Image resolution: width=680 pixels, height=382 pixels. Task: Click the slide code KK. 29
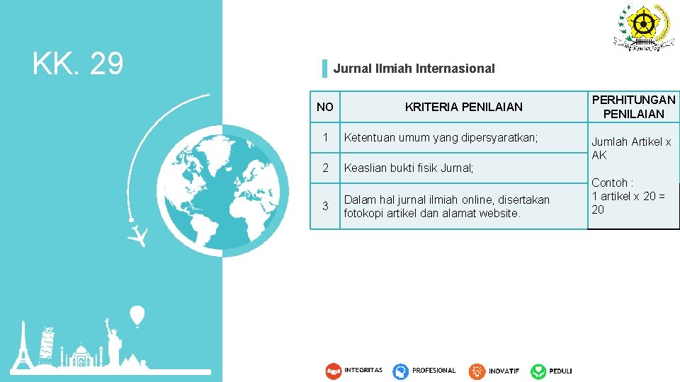pos(78,64)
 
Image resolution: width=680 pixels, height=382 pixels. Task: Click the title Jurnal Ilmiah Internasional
pos(414,69)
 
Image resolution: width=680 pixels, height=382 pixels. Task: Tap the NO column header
pos(325,107)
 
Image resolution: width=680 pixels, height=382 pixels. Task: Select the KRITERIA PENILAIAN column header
pos(463,107)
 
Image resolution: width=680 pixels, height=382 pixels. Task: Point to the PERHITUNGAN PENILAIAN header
pos(633,107)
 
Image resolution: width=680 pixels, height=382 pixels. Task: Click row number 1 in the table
pos(325,138)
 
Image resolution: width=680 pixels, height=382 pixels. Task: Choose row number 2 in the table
pos(325,168)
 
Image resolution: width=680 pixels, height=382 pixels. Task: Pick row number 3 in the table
pos(325,206)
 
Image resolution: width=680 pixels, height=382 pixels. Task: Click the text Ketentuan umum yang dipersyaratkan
pos(441,138)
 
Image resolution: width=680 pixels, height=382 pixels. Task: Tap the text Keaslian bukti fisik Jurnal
pos(408,168)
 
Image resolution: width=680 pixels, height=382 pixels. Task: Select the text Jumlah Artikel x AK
pos(630,148)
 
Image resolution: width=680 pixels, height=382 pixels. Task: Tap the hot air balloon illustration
pos(137,314)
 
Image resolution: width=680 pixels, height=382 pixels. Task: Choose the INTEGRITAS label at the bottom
pos(363,370)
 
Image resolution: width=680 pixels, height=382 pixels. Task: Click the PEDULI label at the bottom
pos(560,371)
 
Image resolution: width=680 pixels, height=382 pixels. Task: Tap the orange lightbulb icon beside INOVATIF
pos(477,371)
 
